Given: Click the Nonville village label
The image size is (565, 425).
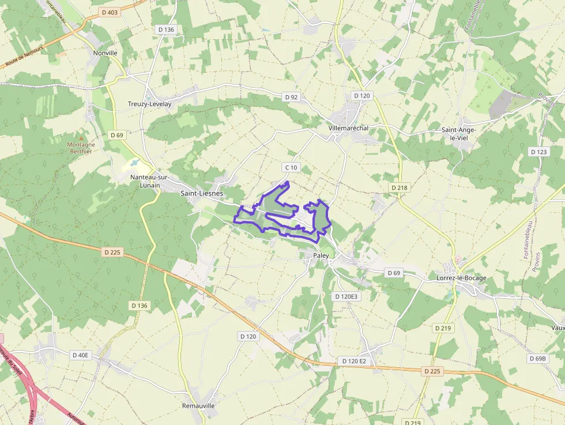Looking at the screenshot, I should pyautogui.click(x=105, y=52).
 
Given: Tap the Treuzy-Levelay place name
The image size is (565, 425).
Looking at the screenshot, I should pyautogui.click(x=149, y=104).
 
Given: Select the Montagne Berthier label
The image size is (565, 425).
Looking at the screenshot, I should pyautogui.click(x=80, y=148).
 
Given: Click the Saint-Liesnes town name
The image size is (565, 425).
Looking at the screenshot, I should pyautogui.click(x=202, y=194).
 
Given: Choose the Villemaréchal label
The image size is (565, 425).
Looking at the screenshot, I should pyautogui.click(x=348, y=127).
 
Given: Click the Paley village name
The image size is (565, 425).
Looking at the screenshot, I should pyautogui.click(x=321, y=255).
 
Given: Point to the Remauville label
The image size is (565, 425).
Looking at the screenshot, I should pyautogui.click(x=198, y=406).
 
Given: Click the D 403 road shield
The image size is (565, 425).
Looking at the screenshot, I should pyautogui.click(x=109, y=12).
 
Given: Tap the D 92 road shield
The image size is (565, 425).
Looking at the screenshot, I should pyautogui.click(x=291, y=97).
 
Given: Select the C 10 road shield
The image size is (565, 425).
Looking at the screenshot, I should pyautogui.click(x=291, y=167).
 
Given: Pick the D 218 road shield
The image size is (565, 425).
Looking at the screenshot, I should pyautogui.click(x=399, y=187).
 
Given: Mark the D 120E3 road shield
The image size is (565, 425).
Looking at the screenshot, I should pyautogui.click(x=346, y=296).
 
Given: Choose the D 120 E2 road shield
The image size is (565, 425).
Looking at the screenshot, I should pyautogui.click(x=354, y=361).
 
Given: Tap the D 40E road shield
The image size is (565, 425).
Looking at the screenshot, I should pyautogui.click(x=81, y=355).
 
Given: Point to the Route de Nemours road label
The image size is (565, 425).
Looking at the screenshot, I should pyautogui.click(x=24, y=57).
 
